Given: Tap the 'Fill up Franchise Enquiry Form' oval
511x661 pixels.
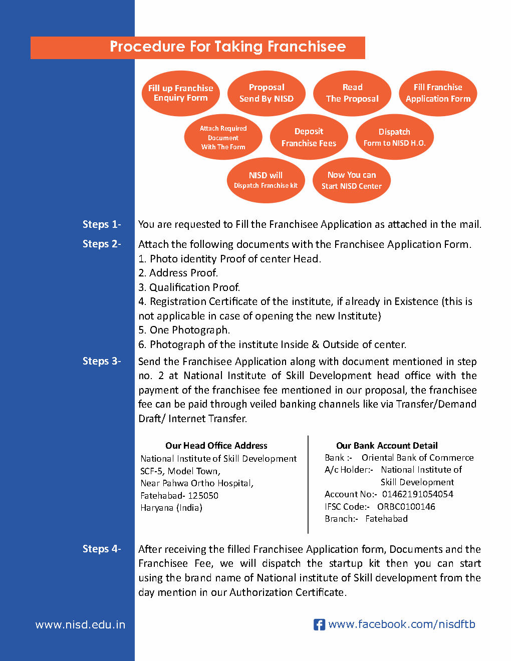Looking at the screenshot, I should tap(181, 93).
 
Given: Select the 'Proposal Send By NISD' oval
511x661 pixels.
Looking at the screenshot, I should tap(267, 93).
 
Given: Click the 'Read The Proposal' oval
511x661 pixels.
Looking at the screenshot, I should tap(352, 93).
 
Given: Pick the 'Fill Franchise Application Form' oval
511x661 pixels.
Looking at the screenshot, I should tap(438, 93).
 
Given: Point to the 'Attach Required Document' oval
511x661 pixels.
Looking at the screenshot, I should tap(223, 137).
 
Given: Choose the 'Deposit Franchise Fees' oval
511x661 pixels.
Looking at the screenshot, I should tap(309, 137).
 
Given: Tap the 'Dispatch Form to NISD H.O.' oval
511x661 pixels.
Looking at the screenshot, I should tap(394, 137).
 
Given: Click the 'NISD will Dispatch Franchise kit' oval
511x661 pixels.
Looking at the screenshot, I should tap(266, 180).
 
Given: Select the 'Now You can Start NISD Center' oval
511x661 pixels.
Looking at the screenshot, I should tap(351, 180).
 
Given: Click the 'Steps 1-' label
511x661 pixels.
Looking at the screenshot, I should tap(102, 224).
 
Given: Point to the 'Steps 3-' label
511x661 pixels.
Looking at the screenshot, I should tap(102, 361).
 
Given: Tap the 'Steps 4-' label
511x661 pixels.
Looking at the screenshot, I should tap(102, 549).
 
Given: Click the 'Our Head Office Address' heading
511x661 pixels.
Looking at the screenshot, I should tap(216, 446).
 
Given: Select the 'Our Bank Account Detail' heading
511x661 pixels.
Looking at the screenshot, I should tap(387, 446).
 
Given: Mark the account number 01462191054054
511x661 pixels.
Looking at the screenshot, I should tap(417, 494).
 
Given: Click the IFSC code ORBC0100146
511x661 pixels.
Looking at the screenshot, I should tap(406, 507).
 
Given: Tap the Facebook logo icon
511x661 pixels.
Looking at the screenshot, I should tap(319, 624).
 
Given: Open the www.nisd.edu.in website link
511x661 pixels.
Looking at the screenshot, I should tap(80, 625).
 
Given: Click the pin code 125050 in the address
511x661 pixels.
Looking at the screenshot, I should tap(203, 496).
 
